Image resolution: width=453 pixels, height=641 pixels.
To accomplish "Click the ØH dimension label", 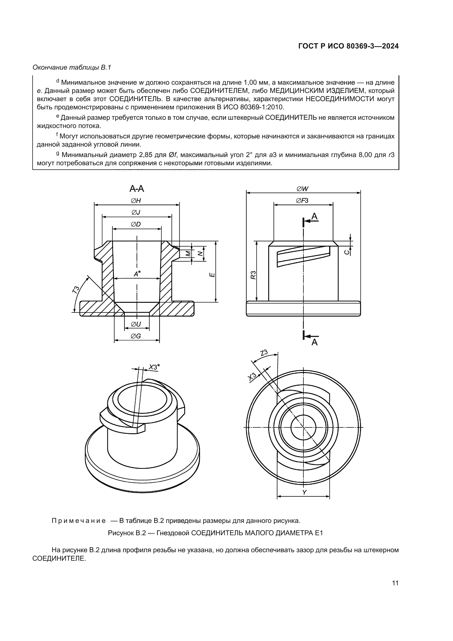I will point(136,201).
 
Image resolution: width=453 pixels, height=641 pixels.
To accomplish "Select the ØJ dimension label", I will point(136,212).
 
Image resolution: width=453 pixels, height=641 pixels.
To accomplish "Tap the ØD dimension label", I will point(136,224).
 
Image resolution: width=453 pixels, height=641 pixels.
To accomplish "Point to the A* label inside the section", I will point(137,274).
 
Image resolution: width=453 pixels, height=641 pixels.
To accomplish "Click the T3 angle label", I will point(76,290).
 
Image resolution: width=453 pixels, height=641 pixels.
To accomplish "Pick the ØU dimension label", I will point(136,324).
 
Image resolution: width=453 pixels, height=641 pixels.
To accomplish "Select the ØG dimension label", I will point(136,336).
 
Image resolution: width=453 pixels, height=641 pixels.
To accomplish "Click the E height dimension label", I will point(212,275).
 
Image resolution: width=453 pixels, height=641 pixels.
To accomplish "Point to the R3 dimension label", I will point(253,275).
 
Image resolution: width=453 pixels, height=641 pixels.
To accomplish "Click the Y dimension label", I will point(304,492).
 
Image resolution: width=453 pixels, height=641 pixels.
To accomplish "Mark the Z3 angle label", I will point(264,353).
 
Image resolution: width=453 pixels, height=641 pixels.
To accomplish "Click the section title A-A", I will point(137,189).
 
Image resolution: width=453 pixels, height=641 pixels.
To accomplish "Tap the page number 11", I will point(395,583).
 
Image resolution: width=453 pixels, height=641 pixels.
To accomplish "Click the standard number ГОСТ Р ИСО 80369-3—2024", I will point(348,46).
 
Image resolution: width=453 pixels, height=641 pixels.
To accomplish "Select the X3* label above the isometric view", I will point(154,367).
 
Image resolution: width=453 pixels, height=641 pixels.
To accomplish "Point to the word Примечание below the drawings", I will point(79,521).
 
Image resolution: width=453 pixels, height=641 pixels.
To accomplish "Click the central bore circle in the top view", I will point(303,427).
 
